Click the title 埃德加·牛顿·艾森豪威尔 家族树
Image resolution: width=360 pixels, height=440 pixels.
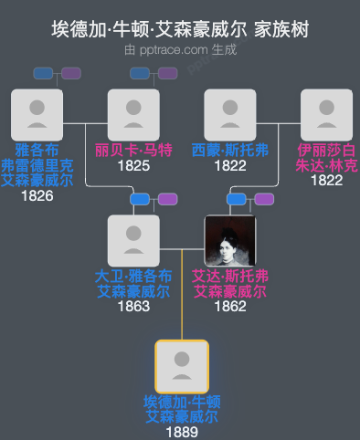[180, 29]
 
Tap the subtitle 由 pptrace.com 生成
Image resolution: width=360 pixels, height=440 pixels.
[180, 50]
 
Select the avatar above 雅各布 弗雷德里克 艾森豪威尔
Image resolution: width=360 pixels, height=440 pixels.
[37, 115]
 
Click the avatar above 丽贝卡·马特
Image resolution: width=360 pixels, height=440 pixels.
[133, 115]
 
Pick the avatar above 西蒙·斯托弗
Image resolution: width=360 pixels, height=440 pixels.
[230, 115]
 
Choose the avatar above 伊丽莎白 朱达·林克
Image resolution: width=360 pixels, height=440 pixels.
[326, 115]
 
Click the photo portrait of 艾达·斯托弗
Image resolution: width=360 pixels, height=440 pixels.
[230, 241]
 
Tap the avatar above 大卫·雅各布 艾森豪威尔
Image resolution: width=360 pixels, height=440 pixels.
[133, 241]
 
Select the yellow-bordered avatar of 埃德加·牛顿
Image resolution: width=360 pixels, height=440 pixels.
[182, 367]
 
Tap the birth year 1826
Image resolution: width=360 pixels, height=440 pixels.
[37, 194]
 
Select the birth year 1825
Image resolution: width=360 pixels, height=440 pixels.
[133, 166]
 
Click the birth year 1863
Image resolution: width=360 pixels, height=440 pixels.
[133, 307]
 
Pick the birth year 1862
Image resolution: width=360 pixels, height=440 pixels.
[230, 307]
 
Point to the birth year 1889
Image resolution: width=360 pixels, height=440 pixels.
[182, 432]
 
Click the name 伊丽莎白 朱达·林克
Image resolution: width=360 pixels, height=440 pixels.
[326, 158]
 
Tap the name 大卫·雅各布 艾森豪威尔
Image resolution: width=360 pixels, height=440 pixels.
[133, 284]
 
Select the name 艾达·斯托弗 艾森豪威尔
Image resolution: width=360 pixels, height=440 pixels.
[230, 284]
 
